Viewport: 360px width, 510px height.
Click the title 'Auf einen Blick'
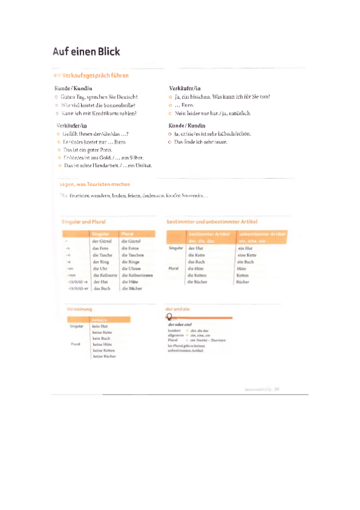coord(86,52)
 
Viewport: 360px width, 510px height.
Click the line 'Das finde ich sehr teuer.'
coord(201,141)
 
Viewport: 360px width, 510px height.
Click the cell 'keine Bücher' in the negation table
coord(105,357)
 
